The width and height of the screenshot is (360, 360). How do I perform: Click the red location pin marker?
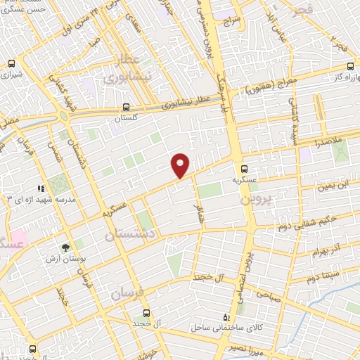[181, 165]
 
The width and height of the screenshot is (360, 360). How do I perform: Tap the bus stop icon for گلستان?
[126, 108]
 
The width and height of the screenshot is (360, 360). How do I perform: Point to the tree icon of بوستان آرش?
[65, 247]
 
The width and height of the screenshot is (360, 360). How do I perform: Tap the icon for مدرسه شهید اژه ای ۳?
[41, 188]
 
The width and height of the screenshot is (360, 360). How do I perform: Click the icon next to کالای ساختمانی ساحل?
[225, 318]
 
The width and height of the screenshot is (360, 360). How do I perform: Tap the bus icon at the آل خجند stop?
[146, 313]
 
